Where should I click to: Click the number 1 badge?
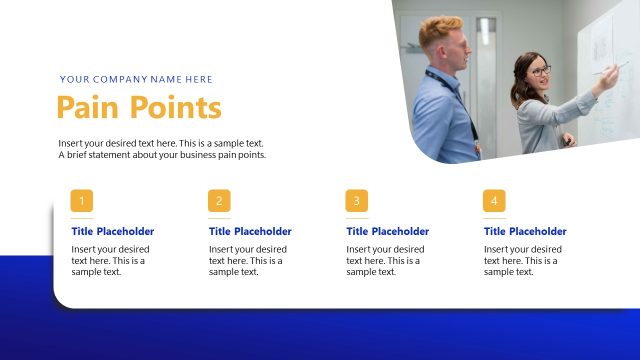82,201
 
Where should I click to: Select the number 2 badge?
220,201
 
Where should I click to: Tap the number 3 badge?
357,201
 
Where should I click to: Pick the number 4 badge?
494,201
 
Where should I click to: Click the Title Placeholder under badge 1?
113,231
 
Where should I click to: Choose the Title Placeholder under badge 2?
250,231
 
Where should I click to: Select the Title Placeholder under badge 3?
388,231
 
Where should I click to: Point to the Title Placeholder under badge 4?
525,231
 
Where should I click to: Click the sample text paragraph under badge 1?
110,260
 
